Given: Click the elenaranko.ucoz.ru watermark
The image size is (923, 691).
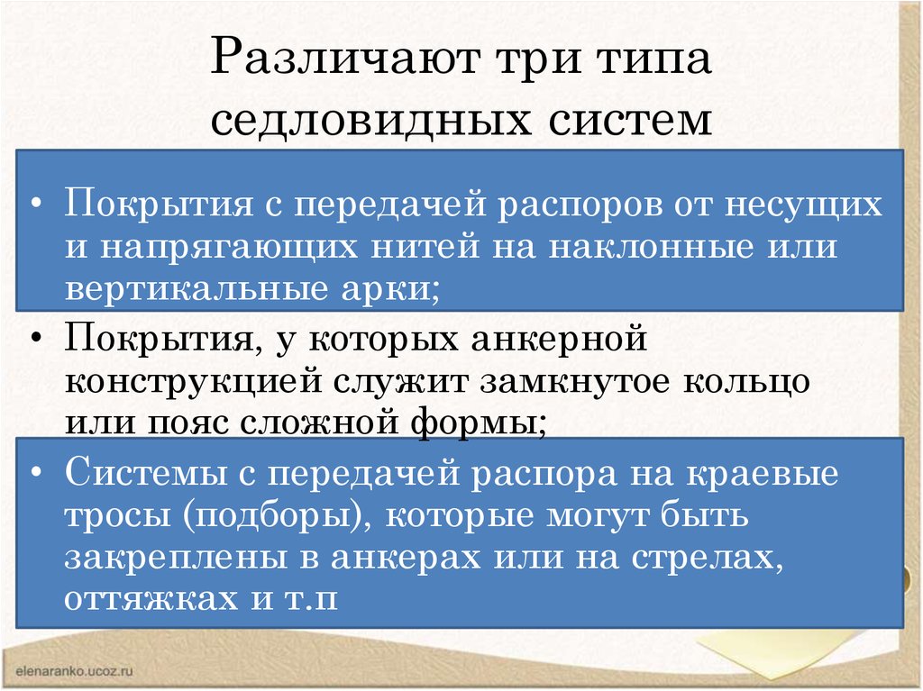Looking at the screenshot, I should click(74, 671).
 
